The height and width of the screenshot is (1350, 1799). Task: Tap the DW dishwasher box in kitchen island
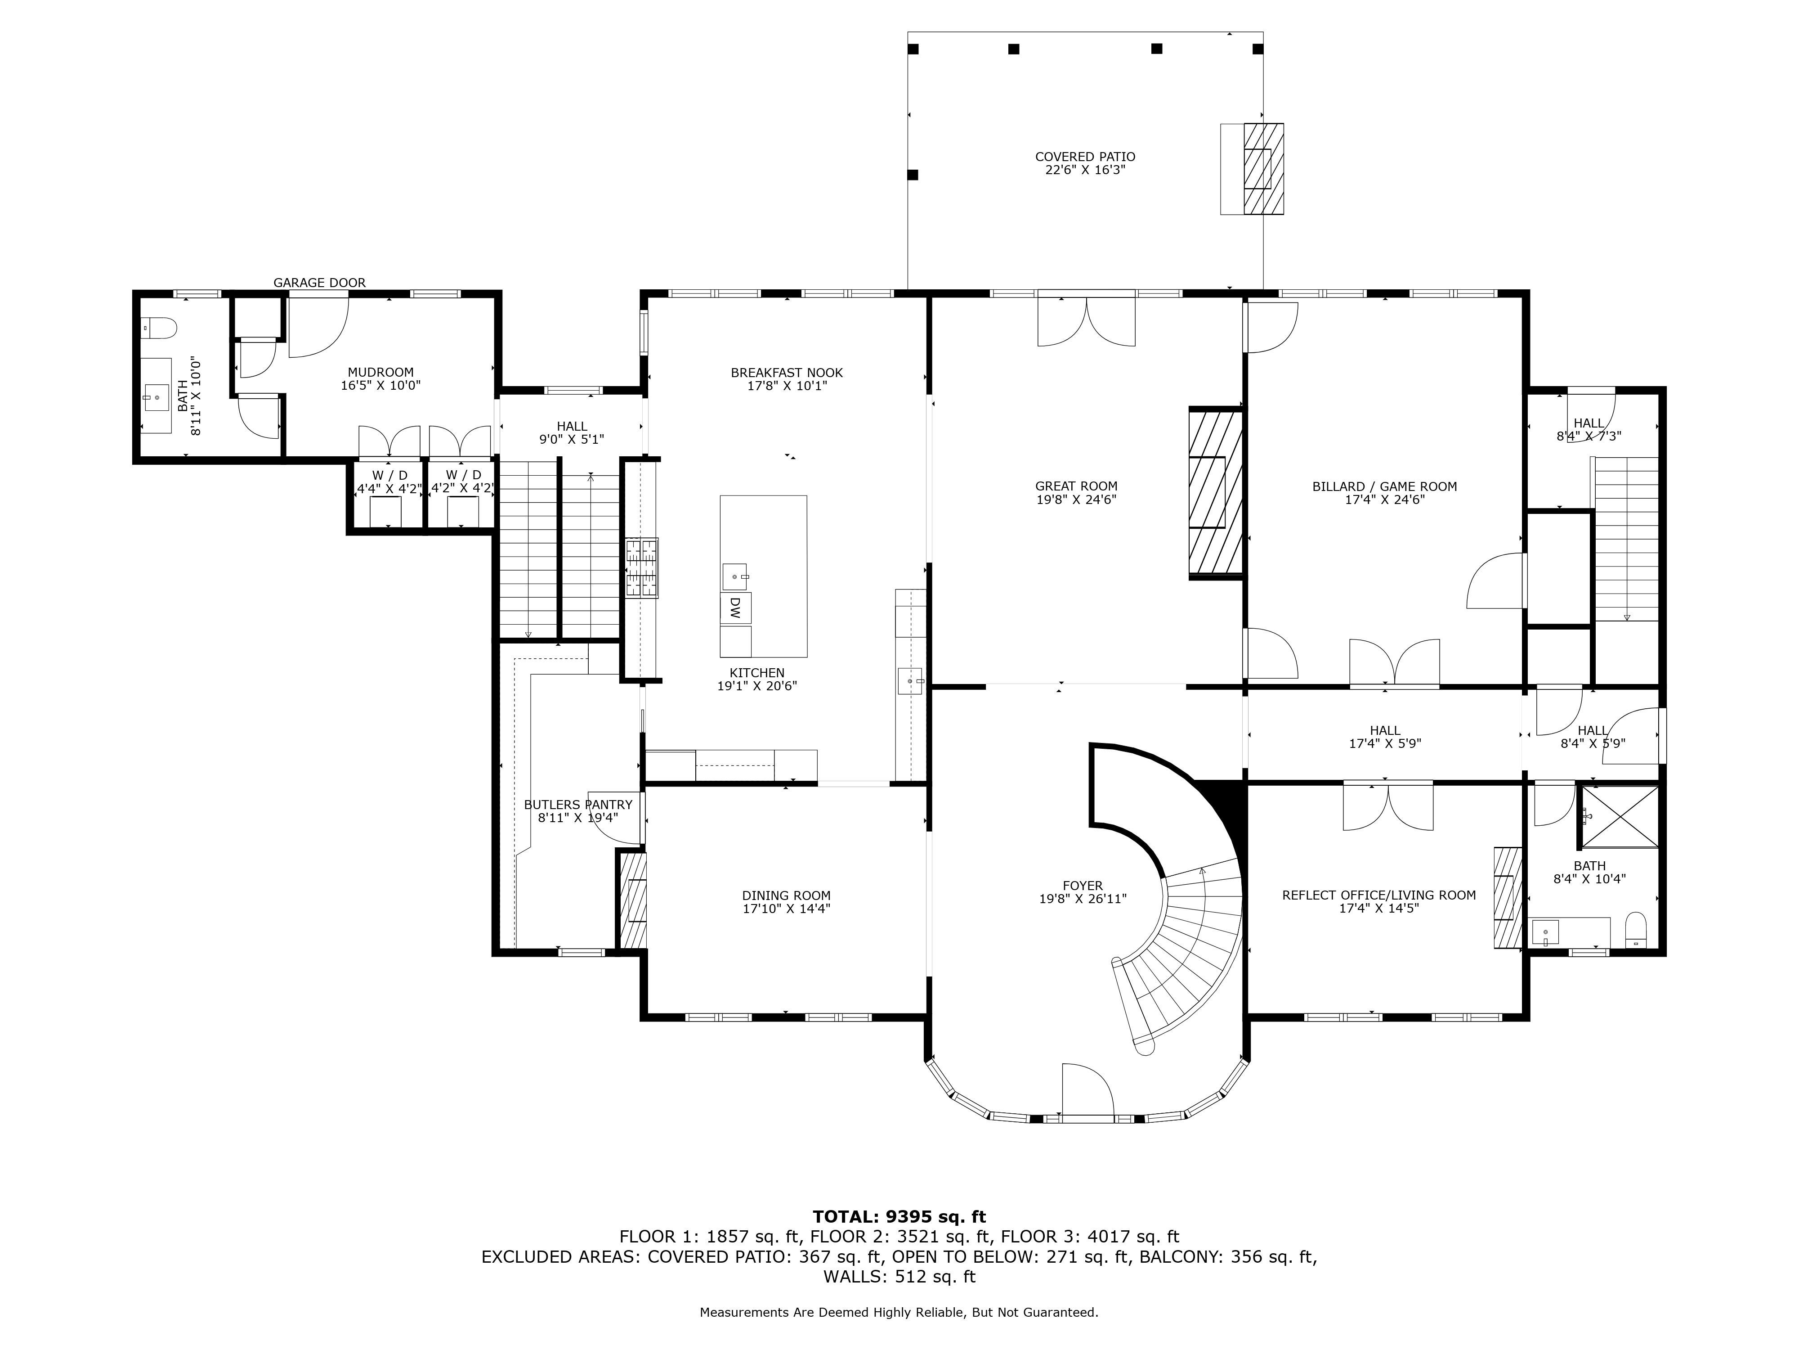pyautogui.click(x=734, y=608)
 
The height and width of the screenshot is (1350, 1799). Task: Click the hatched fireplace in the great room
pyautogui.click(x=1216, y=492)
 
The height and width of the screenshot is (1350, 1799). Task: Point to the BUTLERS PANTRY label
pyautogui.click(x=577, y=805)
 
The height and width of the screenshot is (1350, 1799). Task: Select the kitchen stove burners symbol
pyautogui.click(x=642, y=568)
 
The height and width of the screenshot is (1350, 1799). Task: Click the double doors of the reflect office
pyautogui.click(x=1387, y=805)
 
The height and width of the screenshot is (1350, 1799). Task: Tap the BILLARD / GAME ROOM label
pyautogui.click(x=1384, y=486)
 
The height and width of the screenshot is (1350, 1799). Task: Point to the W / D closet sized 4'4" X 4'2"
pyautogui.click(x=389, y=482)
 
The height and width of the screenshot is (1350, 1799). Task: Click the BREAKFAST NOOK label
pyautogui.click(x=787, y=373)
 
